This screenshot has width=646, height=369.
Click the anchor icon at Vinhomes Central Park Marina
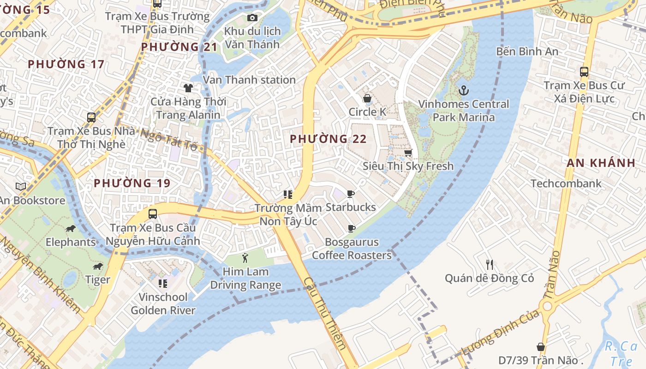point(464,90)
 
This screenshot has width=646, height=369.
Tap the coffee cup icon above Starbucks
point(351,194)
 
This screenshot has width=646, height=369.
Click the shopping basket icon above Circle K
point(367,98)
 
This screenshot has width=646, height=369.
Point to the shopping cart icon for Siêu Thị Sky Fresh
point(408,153)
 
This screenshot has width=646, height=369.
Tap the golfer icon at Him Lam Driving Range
point(245,258)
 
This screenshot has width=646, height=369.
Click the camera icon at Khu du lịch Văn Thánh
point(252,18)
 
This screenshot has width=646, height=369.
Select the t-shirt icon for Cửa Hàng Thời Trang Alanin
point(188,88)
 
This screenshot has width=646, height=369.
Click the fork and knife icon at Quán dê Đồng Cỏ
point(490,265)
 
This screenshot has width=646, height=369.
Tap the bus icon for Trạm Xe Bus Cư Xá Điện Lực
point(584,72)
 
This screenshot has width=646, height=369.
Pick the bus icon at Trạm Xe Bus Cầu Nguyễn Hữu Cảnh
point(153,214)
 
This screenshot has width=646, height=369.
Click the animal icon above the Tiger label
point(98,266)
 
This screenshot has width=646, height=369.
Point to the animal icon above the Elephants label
point(70,229)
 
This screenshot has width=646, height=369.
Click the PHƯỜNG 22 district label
point(328,139)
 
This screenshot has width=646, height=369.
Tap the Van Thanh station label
point(249,80)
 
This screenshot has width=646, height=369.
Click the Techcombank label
point(566,184)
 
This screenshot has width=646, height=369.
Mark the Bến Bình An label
point(527,51)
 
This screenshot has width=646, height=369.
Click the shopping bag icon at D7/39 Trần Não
point(541,347)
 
